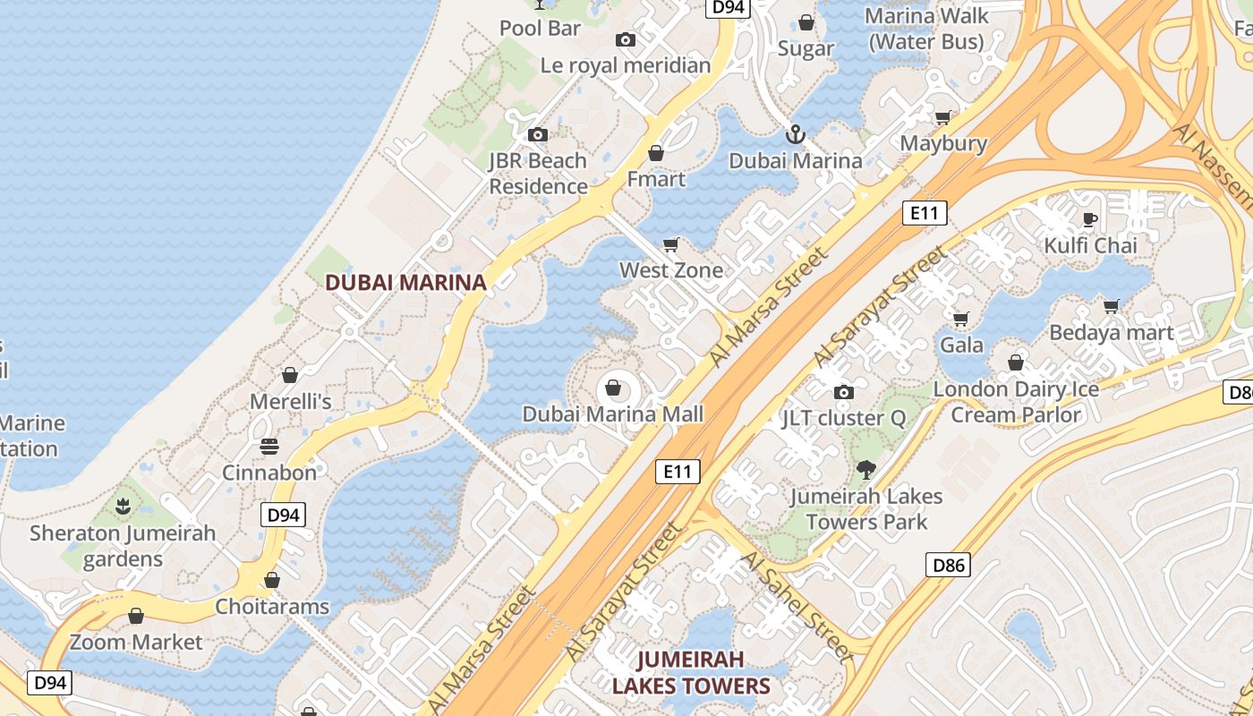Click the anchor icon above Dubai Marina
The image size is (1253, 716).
[x=795, y=135]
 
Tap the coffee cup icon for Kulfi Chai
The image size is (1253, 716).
[x=1089, y=219]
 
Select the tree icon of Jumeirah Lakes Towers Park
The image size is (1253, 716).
[x=865, y=469]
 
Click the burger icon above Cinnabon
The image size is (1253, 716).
[x=269, y=446]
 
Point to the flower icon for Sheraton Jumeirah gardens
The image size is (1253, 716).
[x=123, y=507]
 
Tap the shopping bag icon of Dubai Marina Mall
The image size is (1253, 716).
[x=613, y=388]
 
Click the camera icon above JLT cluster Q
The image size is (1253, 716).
[x=843, y=392]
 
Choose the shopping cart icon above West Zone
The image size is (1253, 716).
[x=670, y=244]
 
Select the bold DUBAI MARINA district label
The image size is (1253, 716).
[x=405, y=283]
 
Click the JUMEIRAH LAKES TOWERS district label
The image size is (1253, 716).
[x=690, y=673]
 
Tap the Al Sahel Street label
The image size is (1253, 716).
[x=797, y=605]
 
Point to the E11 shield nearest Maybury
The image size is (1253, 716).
[x=925, y=213]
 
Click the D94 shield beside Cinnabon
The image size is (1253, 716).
[x=283, y=515]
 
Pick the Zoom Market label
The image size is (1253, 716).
[x=137, y=642]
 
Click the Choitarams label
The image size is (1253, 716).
[x=272, y=607]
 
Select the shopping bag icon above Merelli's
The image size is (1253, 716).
[x=289, y=374]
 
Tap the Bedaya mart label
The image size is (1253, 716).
[x=1111, y=333]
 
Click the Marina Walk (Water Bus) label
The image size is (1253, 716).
[x=926, y=29]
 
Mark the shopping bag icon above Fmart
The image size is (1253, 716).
[x=656, y=153]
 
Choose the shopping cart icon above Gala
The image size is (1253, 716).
[x=961, y=319]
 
